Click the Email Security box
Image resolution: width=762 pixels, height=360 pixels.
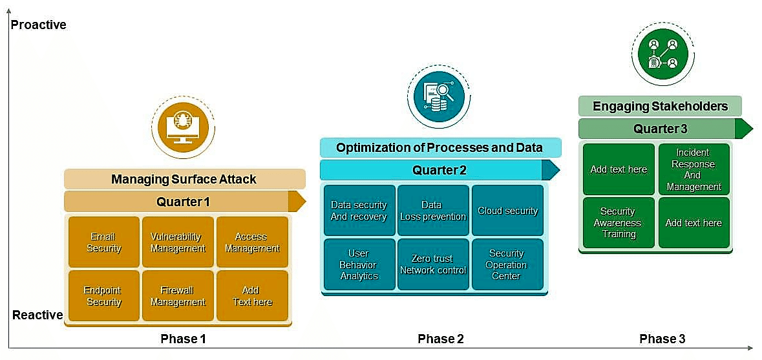(104, 242)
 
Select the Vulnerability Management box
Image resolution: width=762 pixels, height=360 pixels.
(178, 242)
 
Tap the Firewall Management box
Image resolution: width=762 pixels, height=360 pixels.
(178, 296)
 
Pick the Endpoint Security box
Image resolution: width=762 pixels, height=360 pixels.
(104, 296)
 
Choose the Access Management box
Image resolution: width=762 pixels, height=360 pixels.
(252, 242)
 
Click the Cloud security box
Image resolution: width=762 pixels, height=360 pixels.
(507, 211)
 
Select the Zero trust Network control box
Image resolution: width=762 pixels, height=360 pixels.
(433, 264)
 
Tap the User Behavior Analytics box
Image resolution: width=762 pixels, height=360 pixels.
(359, 264)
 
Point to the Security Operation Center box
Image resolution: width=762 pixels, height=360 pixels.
(507, 264)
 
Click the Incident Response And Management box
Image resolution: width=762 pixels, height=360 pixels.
(694, 169)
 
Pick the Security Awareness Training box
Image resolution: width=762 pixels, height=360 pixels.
(619, 222)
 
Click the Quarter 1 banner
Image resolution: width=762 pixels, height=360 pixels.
(184, 202)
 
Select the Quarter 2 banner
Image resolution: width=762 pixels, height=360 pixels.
(439, 170)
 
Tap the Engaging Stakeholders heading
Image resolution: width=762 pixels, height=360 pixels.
(660, 106)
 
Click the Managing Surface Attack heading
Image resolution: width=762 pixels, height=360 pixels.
(184, 179)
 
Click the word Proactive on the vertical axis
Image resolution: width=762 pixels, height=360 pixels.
(39, 25)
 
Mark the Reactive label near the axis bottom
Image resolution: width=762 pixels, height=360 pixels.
(37, 315)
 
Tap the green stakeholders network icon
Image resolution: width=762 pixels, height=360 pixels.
(663, 53)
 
